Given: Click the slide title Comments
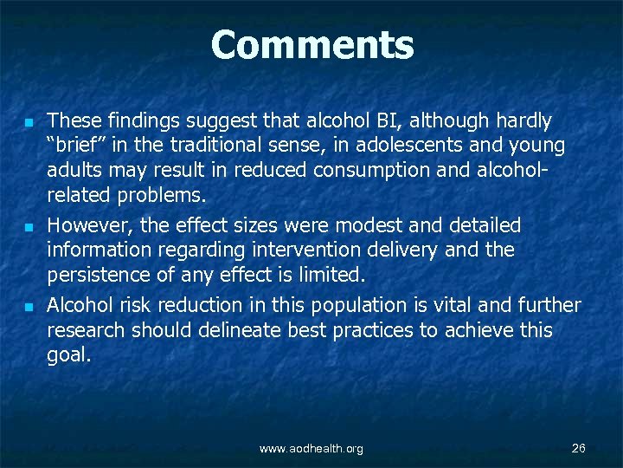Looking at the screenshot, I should [311, 46].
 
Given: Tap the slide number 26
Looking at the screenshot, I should [579, 448].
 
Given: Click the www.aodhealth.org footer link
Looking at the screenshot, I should [311, 449].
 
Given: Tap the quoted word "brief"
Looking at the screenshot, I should [75, 145].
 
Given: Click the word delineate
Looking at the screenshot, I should [228, 330].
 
